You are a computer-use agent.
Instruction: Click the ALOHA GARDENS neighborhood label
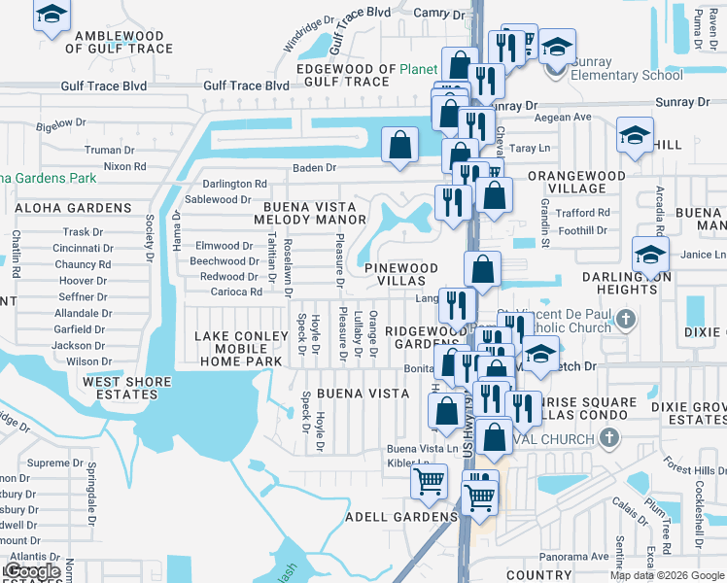pyautogui.click(x=73, y=208)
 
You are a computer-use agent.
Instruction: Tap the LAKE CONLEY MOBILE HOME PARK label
pyautogui.click(x=241, y=349)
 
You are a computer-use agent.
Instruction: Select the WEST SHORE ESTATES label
pyautogui.click(x=120, y=388)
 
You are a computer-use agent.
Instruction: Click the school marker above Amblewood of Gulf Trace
pyautogui.click(x=52, y=17)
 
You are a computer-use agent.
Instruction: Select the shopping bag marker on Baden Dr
pyautogui.click(x=399, y=146)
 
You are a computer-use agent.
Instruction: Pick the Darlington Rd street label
pyautogui.click(x=234, y=184)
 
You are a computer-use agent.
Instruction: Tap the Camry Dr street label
pyautogui.click(x=439, y=14)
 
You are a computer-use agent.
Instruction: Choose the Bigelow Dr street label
pyautogui.click(x=61, y=124)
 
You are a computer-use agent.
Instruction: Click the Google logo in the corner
pyautogui.click(x=32, y=571)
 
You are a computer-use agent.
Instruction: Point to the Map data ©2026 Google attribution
pyautogui.click(x=667, y=575)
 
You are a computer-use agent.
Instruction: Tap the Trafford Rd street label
pyautogui.click(x=583, y=213)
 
